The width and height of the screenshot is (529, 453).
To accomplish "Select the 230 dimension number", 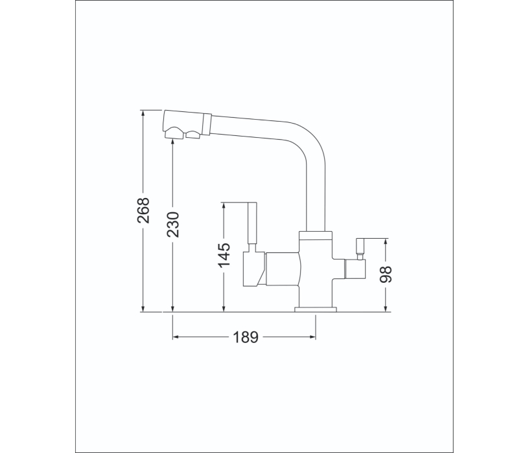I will click(x=174, y=224).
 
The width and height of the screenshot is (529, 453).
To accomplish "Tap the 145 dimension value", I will click(x=224, y=255).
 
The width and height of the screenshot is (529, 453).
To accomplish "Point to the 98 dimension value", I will click(x=386, y=274).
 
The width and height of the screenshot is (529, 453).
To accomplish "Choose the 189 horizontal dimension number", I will click(x=245, y=337).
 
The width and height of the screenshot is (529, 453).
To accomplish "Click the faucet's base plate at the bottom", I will click(x=316, y=309).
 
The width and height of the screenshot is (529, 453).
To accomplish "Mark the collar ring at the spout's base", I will click(x=316, y=235).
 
